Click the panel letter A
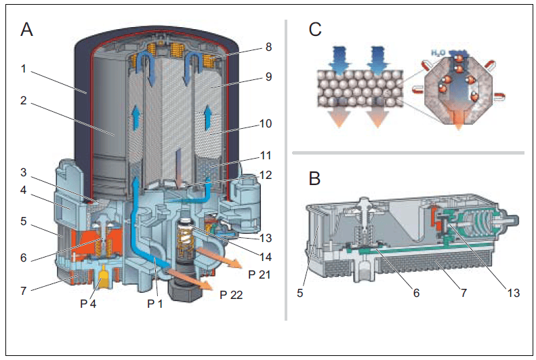pyautogui.click(x=26, y=29)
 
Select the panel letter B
pyautogui.click(x=314, y=178)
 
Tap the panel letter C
pyautogui.click(x=315, y=29)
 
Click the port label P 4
pyautogui.click(x=88, y=303)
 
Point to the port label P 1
pyautogui.click(x=155, y=303)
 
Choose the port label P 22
pyautogui.click(x=231, y=295)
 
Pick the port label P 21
pyautogui.click(x=259, y=275)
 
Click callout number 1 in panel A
pyautogui.click(x=24, y=68)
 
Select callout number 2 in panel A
pyautogui.click(x=23, y=100)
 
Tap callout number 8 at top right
pyautogui.click(x=269, y=47)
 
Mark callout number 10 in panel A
pyautogui.click(x=266, y=123)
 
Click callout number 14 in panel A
pyautogui.click(x=266, y=257)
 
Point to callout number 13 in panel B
pyautogui.click(x=514, y=293)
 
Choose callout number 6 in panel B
pyautogui.click(x=416, y=293)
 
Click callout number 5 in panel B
pyautogui.click(x=300, y=293)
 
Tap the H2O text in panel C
pyautogui.click(x=438, y=53)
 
